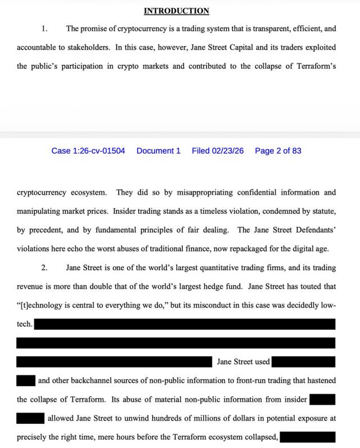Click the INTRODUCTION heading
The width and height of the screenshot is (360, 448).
176,11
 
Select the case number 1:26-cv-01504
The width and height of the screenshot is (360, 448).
88,151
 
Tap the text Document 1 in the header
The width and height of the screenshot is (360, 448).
159,151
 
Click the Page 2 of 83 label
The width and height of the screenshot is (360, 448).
278,151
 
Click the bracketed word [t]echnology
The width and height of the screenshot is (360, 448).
42,305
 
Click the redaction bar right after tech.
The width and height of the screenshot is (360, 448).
184,324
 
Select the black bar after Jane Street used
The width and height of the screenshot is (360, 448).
303,362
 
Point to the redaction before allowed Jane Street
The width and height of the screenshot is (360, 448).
30,418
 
